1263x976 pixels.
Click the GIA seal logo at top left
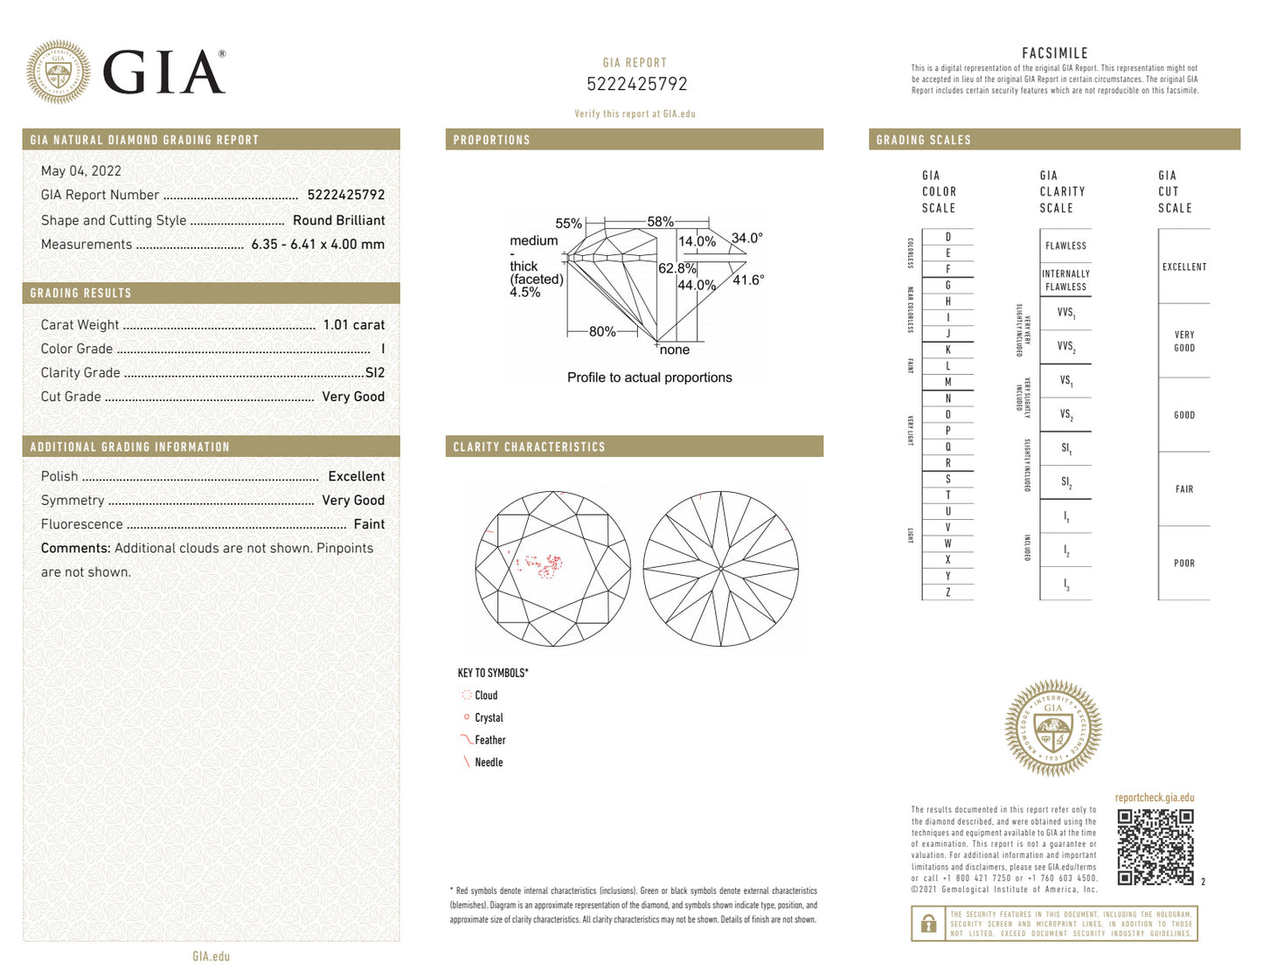point(59,73)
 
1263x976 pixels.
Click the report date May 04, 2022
point(81,171)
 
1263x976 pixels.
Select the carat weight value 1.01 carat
point(353,325)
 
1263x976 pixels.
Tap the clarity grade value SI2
point(374,373)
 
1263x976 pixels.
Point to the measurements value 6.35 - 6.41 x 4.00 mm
point(317,245)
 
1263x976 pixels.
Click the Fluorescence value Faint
point(369,524)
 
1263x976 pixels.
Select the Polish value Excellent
point(356,476)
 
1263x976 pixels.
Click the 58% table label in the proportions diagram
point(660,222)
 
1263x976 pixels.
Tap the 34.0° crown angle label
point(746,238)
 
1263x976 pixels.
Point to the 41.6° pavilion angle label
point(748,280)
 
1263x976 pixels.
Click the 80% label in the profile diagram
point(602,332)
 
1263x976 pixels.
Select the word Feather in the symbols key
point(489,740)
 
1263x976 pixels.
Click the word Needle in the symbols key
point(489,763)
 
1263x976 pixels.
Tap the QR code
point(1155,847)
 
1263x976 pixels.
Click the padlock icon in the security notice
point(928,924)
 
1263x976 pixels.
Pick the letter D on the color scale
point(947,237)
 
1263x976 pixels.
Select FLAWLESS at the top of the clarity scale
point(1065,246)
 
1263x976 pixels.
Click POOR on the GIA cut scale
point(1183,564)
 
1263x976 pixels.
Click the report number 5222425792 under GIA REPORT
point(636,85)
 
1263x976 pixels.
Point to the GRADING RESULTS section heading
point(80,294)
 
